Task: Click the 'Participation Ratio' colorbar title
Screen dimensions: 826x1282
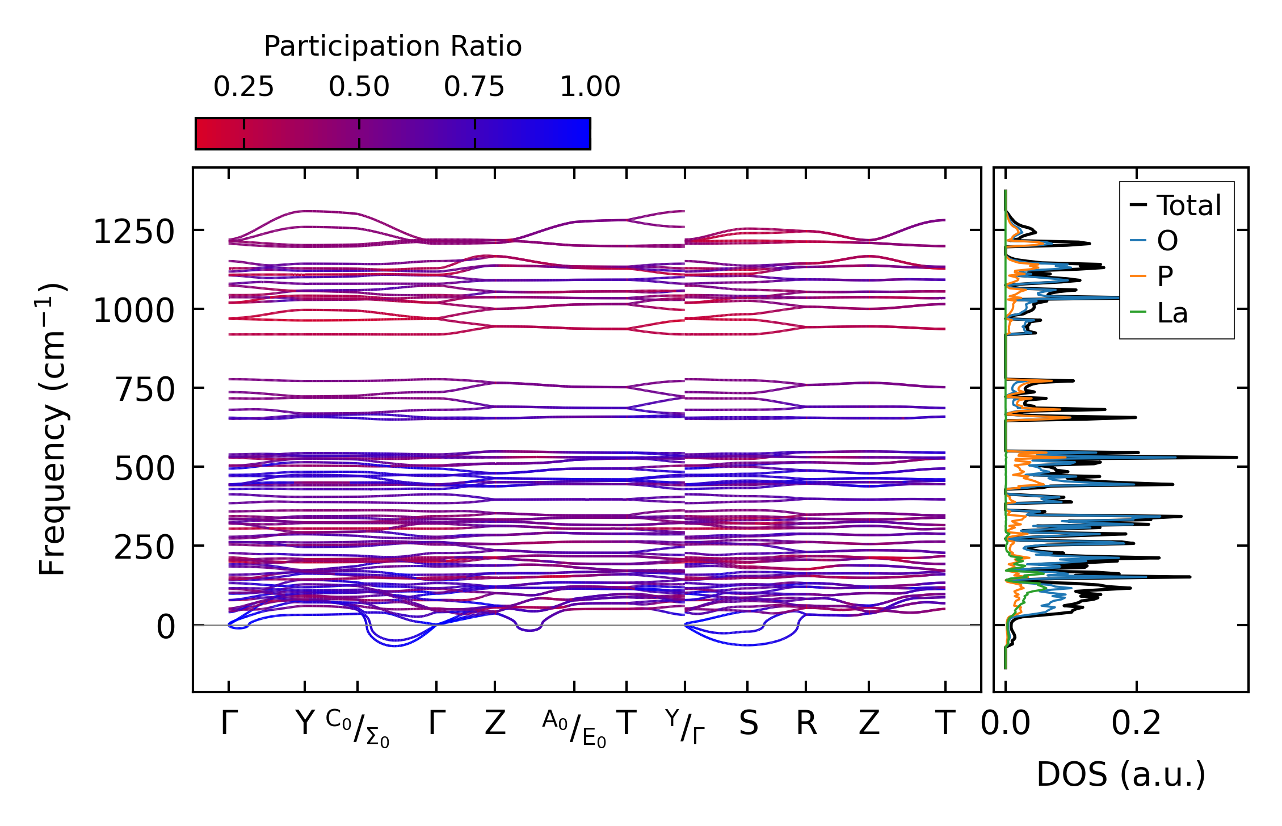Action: [x=393, y=47]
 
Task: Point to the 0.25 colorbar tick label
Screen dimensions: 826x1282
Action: [x=243, y=87]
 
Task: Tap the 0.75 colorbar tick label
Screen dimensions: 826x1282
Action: [x=474, y=87]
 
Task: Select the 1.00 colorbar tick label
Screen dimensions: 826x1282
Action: [x=590, y=87]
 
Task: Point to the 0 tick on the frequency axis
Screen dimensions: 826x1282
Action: [x=166, y=627]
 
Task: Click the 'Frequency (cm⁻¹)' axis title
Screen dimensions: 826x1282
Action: [x=53, y=429]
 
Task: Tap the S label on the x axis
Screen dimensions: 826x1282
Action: [x=748, y=724]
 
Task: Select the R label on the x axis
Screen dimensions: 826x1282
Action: [x=806, y=724]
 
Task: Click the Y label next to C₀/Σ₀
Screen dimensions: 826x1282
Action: [x=305, y=724]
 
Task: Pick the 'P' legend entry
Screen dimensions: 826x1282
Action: [x=1165, y=276]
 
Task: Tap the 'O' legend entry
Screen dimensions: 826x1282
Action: [x=1167, y=241]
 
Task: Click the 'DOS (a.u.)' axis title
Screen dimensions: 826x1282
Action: [x=1121, y=775]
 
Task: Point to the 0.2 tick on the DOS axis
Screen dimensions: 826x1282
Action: [x=1136, y=724]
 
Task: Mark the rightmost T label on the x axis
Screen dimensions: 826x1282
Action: [x=945, y=724]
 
